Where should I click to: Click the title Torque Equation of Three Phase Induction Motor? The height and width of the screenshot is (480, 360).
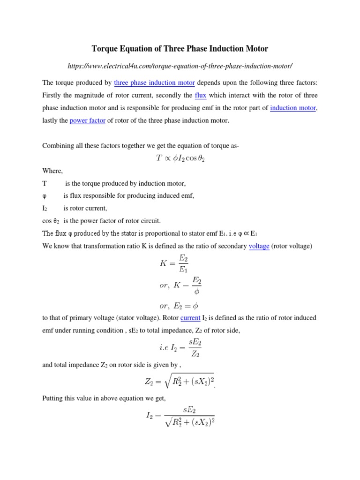tap(180, 49)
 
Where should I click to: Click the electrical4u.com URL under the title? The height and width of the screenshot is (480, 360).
tap(180, 66)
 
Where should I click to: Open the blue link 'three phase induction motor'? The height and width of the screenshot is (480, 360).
tap(154, 83)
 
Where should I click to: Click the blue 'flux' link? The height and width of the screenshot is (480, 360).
tap(201, 95)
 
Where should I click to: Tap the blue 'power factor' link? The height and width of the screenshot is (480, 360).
tap(87, 120)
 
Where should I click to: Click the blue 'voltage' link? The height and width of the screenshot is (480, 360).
tap(259, 246)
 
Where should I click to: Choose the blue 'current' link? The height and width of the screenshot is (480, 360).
tap(190, 318)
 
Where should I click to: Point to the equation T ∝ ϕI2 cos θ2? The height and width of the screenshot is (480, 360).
tap(180, 158)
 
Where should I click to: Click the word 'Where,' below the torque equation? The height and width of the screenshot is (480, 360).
tap(52, 171)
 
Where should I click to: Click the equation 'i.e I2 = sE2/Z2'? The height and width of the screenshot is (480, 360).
tap(180, 348)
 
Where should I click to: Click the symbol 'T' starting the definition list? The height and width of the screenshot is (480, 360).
tap(45, 183)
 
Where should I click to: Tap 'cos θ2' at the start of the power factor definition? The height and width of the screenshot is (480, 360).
tap(50, 220)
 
